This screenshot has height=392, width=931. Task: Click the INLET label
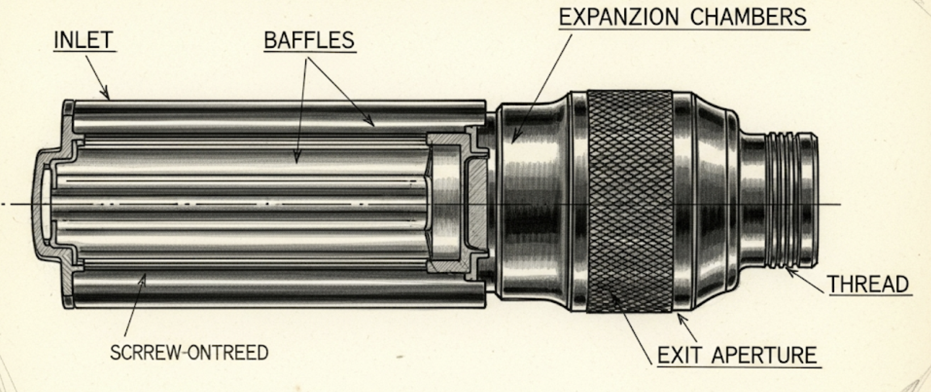pos(83,40)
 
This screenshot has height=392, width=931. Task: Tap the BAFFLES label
pos(309,40)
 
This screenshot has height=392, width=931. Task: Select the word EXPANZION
pos(619,17)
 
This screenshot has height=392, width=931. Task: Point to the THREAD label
pos(869,285)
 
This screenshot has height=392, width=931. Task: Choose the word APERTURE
pos(764,356)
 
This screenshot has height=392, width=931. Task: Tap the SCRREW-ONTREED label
pos(189,352)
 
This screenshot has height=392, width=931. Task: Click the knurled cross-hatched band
pos(630,202)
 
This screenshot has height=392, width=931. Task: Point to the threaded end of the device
pos(792,200)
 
